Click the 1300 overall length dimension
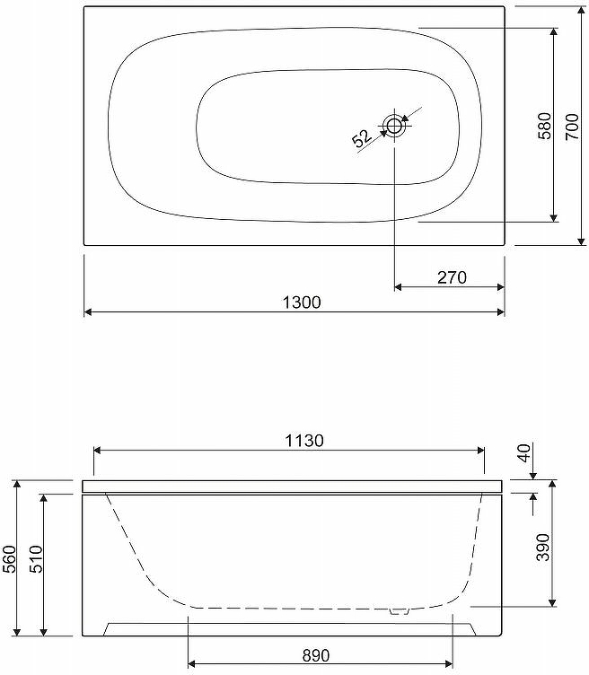click(302, 302)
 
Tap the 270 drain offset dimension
click(452, 277)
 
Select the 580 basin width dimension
click(545, 126)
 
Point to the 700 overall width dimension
click(572, 127)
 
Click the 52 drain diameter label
click(362, 137)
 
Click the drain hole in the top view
click(394, 127)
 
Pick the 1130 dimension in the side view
click(304, 441)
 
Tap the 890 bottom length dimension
click(315, 655)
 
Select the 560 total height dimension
click(10, 559)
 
